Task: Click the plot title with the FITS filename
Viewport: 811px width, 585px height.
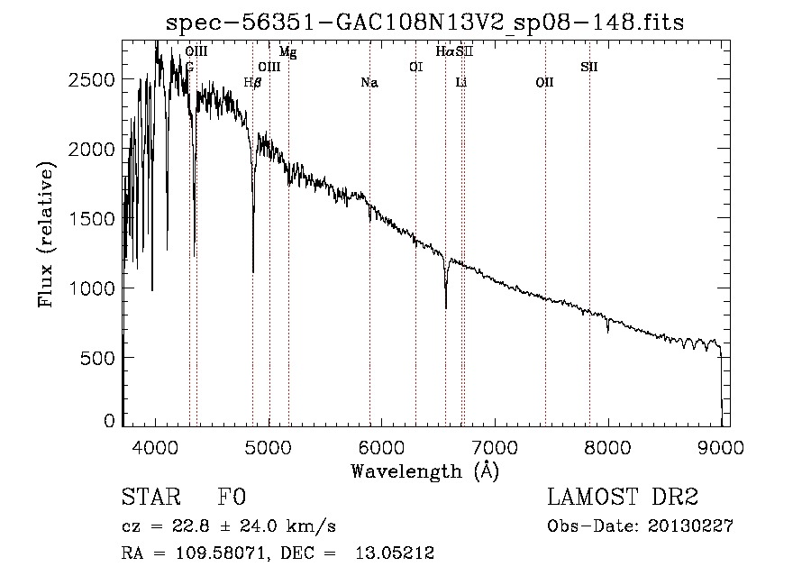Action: (433, 22)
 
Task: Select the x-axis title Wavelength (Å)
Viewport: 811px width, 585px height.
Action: (424, 471)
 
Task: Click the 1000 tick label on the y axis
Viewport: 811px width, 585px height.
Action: (91, 288)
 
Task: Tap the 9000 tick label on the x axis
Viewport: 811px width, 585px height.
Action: (721, 446)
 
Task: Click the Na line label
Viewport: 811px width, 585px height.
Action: (369, 83)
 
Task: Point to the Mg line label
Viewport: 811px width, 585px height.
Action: (288, 52)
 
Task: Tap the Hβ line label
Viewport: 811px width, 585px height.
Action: (253, 83)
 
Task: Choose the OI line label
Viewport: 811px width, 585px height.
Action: (415, 67)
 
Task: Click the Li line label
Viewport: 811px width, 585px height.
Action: (461, 83)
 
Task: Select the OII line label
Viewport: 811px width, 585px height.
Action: (544, 83)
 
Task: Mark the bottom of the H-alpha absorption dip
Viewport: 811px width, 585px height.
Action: (446, 307)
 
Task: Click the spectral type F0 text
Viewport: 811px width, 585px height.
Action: (232, 498)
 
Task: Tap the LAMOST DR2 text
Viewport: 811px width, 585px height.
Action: (623, 498)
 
